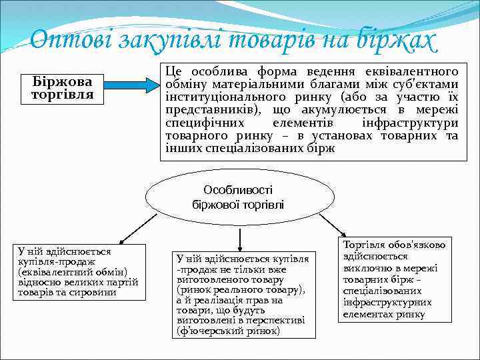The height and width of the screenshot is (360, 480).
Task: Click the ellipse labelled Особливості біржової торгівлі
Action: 238,197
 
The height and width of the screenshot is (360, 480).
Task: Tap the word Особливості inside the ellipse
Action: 238,190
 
